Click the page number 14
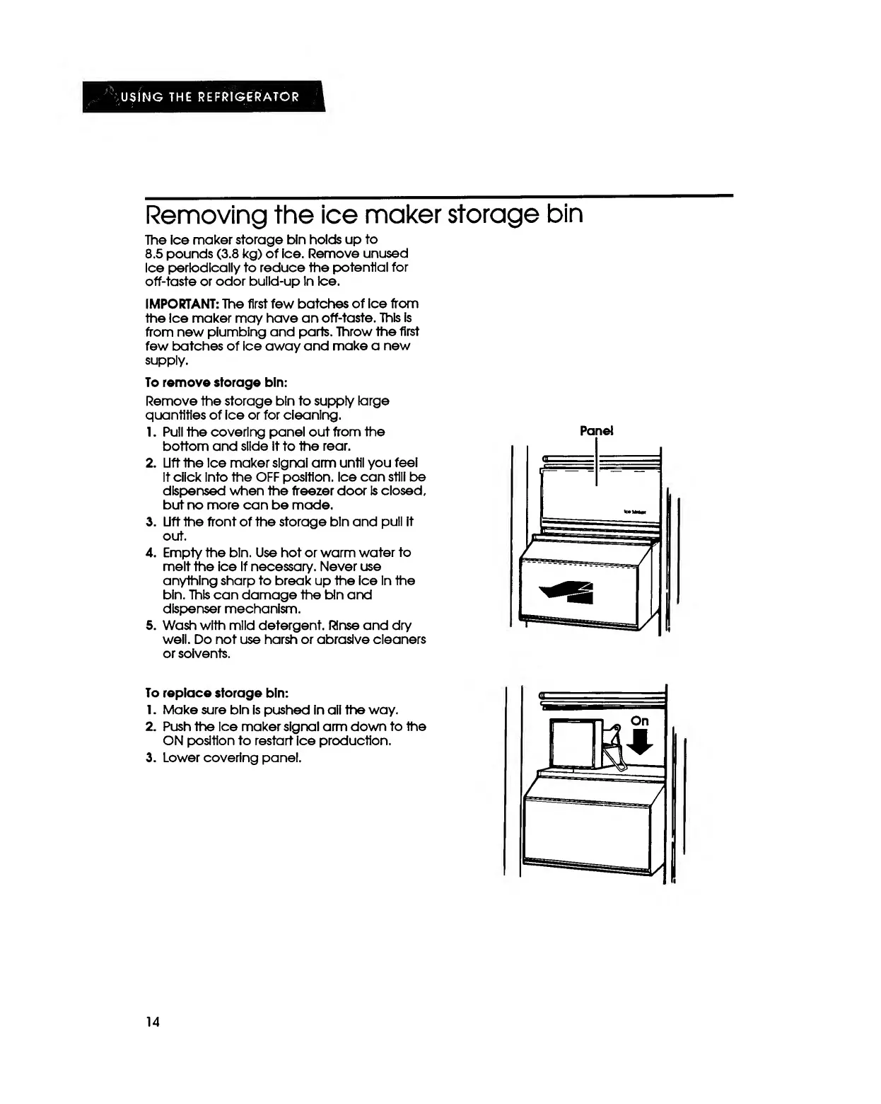click(x=152, y=1021)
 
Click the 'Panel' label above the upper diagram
click(x=597, y=431)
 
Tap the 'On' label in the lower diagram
click(x=639, y=721)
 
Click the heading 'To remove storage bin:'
click(x=216, y=382)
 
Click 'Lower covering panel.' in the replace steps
click(x=233, y=758)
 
